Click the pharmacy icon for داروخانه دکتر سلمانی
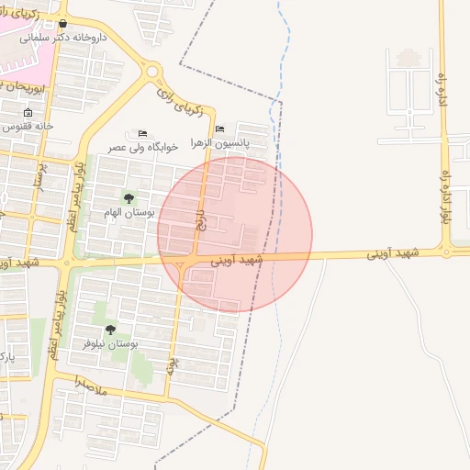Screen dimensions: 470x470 [x=62, y=24]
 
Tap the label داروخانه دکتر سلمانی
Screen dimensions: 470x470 [x=63, y=38]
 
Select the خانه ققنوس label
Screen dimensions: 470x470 [x=33, y=125]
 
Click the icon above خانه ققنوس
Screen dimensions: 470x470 [x=28, y=112]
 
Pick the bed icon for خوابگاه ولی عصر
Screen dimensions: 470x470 [x=141, y=133]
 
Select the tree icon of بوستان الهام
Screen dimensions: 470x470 [x=128, y=198]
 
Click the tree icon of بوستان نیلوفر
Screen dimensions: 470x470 [x=111, y=330]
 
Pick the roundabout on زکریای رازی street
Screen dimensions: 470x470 [x=151, y=71]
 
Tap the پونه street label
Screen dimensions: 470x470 [x=171, y=366]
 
